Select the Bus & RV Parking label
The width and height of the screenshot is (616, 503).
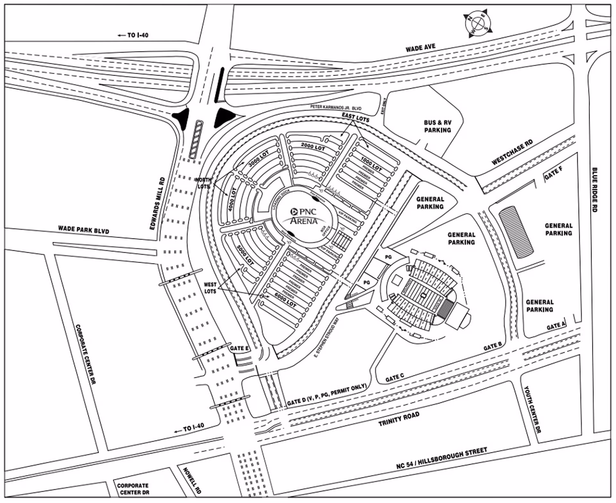pyautogui.click(x=438, y=126)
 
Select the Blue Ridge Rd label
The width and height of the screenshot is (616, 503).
pyautogui.click(x=595, y=190)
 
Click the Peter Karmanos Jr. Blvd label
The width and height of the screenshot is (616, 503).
pyautogui.click(x=336, y=108)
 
